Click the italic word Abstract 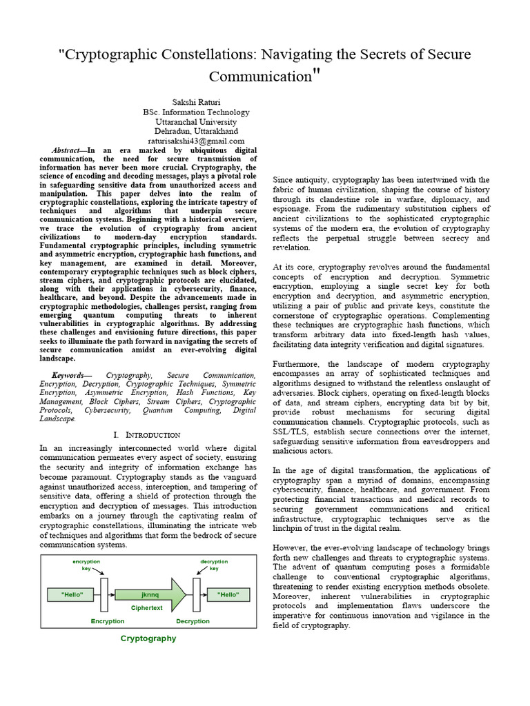click(68, 150)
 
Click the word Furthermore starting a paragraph click(298, 364)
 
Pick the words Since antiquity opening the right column click(302, 180)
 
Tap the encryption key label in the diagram click(86, 565)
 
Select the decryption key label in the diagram click(214, 565)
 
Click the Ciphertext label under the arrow click(147, 609)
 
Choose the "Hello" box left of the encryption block click(72, 593)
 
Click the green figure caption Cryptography click(148, 638)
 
